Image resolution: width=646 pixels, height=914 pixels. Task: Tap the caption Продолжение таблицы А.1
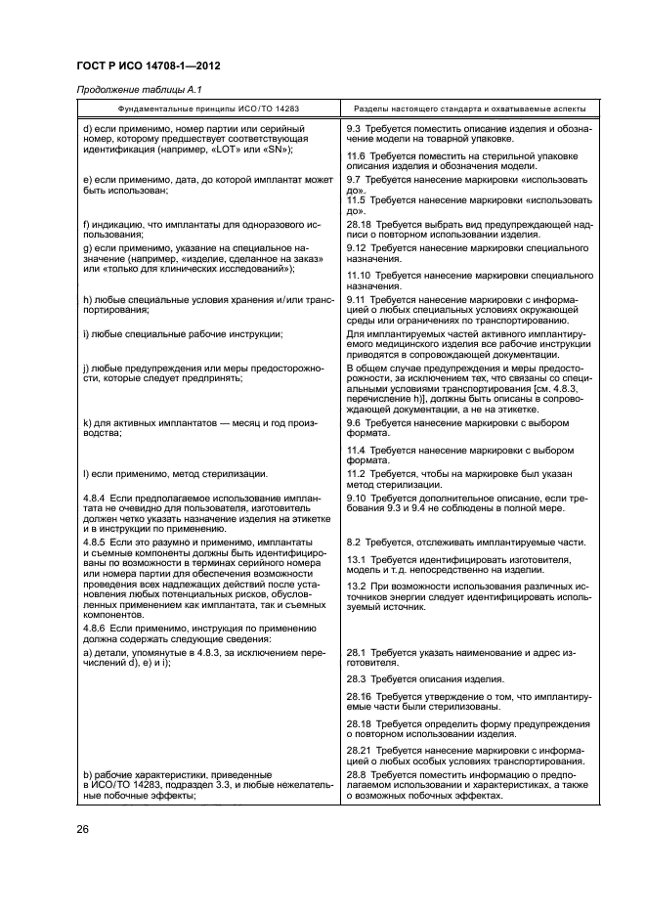click(x=123, y=91)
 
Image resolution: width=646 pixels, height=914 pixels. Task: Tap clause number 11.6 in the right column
click(x=357, y=155)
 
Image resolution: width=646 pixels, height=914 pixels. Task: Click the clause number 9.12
click(x=357, y=247)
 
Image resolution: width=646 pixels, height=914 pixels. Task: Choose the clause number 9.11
click(x=357, y=299)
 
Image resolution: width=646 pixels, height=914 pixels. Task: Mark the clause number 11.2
click(x=357, y=473)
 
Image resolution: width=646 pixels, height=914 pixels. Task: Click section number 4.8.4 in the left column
click(x=95, y=498)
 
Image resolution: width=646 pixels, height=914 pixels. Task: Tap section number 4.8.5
click(x=95, y=541)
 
